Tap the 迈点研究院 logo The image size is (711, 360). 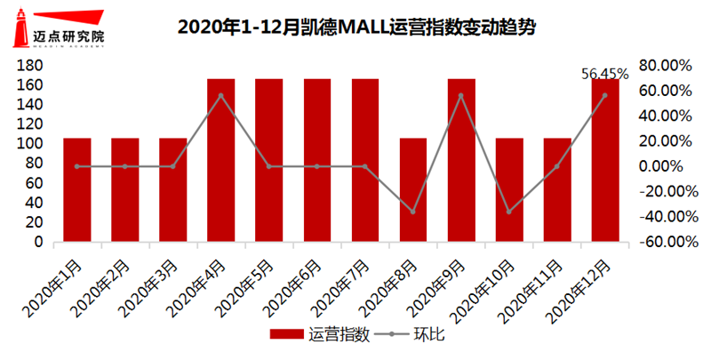54,28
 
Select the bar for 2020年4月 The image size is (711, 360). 221,160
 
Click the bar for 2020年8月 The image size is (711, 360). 413,189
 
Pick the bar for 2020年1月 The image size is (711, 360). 77,189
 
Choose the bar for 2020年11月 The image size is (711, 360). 557,189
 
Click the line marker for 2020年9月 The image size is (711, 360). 461,95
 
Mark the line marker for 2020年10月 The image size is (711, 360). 509,212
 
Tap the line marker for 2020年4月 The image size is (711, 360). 221,95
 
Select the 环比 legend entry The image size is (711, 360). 410,335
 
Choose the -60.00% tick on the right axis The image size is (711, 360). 663,242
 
